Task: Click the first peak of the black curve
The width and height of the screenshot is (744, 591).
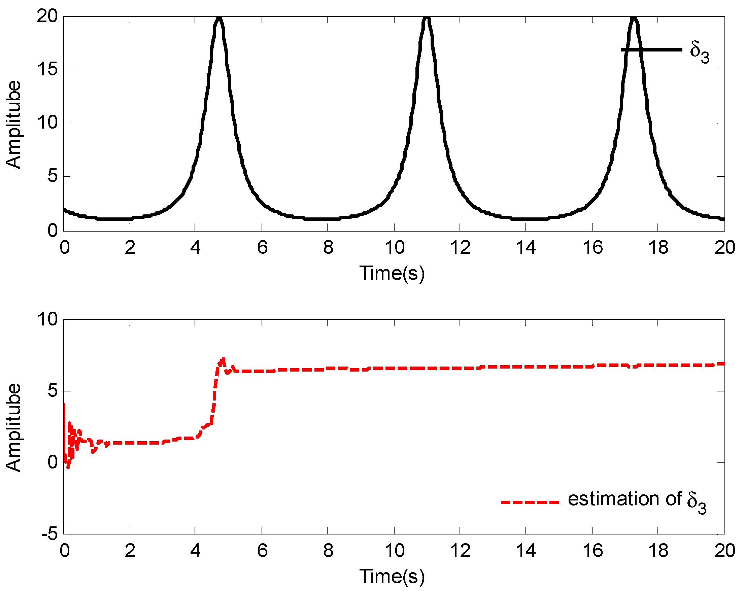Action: pos(219,18)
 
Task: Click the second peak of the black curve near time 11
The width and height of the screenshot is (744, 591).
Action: pos(427,18)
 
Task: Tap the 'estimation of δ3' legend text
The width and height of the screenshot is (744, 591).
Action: pos(637,500)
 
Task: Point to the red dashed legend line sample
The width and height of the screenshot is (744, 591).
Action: pos(531,502)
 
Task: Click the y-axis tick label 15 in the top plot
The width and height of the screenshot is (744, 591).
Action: pos(47,70)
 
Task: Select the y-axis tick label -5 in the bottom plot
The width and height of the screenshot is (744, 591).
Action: pos(49,534)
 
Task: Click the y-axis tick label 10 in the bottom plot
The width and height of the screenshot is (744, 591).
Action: pos(47,319)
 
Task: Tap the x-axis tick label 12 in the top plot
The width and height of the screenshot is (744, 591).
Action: pos(460,248)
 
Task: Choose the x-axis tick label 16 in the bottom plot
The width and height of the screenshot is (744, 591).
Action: pos(593,551)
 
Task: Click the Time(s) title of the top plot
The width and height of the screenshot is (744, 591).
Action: pos(392,273)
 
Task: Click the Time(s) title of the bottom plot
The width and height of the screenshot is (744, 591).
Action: pos(392,577)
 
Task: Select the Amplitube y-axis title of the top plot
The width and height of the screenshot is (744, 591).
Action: pos(14,124)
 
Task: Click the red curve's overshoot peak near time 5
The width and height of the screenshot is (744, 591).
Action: pos(223,359)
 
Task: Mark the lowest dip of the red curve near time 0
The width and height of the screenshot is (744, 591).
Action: pos(68,467)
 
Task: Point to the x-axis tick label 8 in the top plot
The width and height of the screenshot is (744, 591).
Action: pos(328,248)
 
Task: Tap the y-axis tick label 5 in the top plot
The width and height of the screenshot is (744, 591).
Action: pos(53,176)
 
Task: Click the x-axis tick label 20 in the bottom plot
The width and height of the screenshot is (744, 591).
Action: pos(724,551)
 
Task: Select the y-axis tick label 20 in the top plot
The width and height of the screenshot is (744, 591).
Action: pos(47,16)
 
